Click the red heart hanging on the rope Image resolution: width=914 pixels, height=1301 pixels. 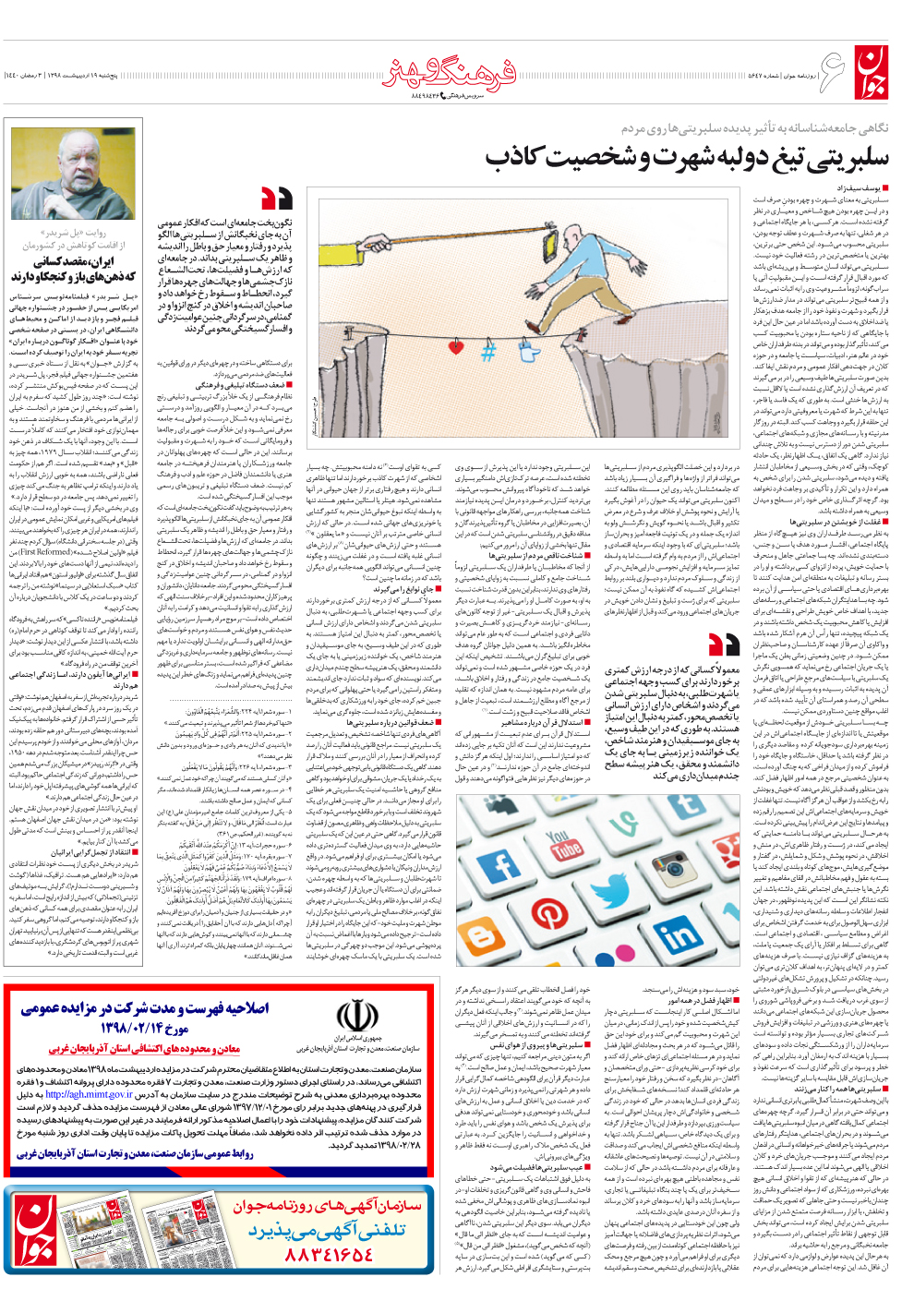[x=455, y=347]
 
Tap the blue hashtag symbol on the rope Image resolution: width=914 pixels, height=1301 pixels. [x=488, y=351]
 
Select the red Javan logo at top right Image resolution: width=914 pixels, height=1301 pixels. [x=872, y=74]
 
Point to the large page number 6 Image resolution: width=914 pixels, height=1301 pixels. [x=832, y=72]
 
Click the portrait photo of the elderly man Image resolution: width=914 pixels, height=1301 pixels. [x=73, y=175]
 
